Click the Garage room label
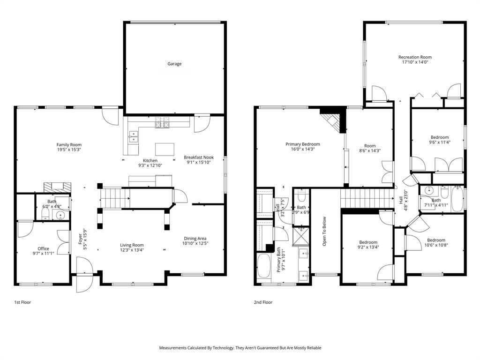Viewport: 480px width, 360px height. pyautogui.click(x=175, y=64)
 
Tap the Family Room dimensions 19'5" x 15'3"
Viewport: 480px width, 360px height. pyautogui.click(x=69, y=150)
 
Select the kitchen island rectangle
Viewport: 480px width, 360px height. pyautogui.click(x=165, y=149)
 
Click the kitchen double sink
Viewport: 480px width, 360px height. pyautogui.click(x=133, y=136)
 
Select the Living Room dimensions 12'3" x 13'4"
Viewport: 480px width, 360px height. pyautogui.click(x=132, y=250)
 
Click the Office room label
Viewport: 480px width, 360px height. pyautogui.click(x=43, y=248)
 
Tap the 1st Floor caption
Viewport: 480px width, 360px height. pyautogui.click(x=22, y=303)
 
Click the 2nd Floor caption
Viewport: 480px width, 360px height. pyautogui.click(x=263, y=303)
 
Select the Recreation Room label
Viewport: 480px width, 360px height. pyautogui.click(x=415, y=57)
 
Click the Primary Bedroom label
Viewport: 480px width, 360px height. pyautogui.click(x=303, y=144)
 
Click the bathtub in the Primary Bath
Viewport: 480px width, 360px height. pyautogui.click(x=264, y=267)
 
